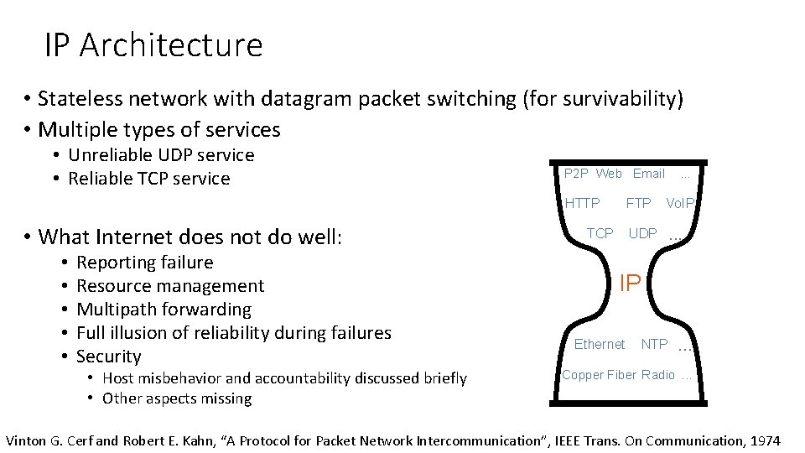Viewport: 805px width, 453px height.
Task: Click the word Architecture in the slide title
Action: tap(182, 44)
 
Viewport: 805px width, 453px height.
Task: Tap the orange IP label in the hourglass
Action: tap(630, 284)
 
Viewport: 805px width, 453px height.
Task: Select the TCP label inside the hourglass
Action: tap(600, 233)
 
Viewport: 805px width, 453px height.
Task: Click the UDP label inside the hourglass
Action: tap(643, 233)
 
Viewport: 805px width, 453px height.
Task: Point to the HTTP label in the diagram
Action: tap(582, 203)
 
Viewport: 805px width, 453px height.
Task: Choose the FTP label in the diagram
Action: tap(638, 203)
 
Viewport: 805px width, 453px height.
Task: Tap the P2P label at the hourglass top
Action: tap(576, 174)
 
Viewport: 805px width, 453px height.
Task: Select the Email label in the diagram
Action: tap(648, 174)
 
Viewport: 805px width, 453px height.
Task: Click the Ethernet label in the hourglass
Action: tap(599, 344)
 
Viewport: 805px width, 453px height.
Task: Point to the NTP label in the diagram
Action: tap(654, 344)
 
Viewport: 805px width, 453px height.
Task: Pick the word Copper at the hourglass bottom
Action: tap(582, 375)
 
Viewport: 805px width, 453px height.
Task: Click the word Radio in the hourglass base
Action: tap(657, 375)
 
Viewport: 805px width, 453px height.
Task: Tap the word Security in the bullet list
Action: tap(108, 357)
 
